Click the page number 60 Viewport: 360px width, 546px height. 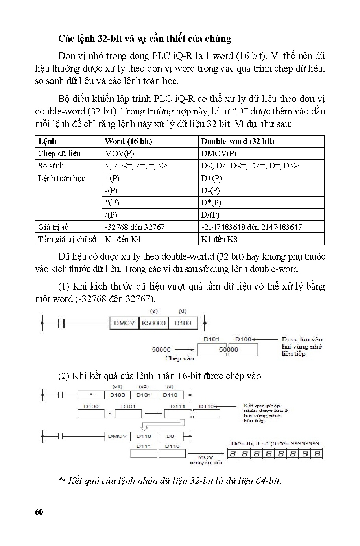pyautogui.click(x=39, y=511)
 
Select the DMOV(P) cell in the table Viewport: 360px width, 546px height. pyautogui.click(x=219, y=153)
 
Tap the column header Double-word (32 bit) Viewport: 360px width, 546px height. pyautogui.click(x=238, y=141)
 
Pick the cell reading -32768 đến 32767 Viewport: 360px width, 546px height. pyautogui.click(x=135, y=227)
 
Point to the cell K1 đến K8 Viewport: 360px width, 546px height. pyautogui.click(x=219, y=239)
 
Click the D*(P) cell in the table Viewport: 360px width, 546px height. pyautogui.click(x=211, y=203)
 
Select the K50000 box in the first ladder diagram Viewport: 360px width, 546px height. pyautogui.click(x=153, y=323)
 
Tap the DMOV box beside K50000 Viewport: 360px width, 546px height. pyautogui.click(x=124, y=323)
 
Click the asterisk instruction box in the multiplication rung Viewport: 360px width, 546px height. pyautogui.click(x=91, y=395)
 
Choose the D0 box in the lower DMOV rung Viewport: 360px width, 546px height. pyautogui.click(x=170, y=436)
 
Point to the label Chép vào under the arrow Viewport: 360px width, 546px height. pyautogui.click(x=179, y=358)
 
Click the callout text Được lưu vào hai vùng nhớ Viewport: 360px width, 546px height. pyautogui.click(x=302, y=346)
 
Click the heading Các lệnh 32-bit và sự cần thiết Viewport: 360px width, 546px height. pyautogui.click(x=144, y=39)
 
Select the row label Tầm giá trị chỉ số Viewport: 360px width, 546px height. pyautogui.click(x=67, y=239)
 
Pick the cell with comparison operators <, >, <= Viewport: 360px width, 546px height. pyautogui.click(x=136, y=166)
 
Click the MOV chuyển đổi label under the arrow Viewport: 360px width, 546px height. pyautogui.click(x=206, y=460)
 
